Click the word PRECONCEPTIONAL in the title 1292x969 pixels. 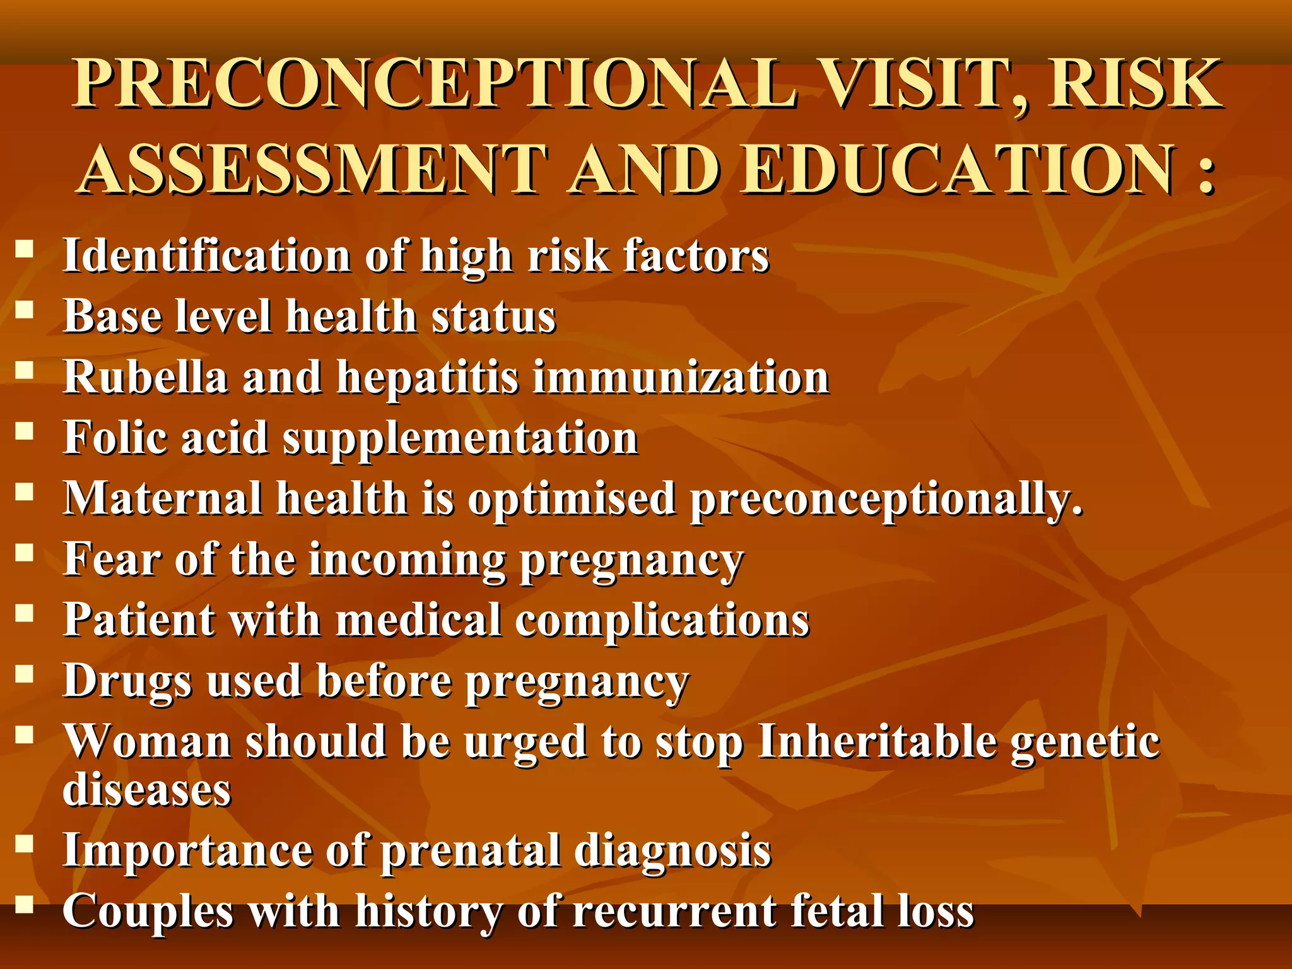pyautogui.click(x=435, y=84)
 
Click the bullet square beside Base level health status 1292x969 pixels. pyautogui.click(x=25, y=310)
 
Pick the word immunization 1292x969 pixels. pyautogui.click(x=681, y=377)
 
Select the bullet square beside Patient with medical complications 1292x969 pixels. pyautogui.click(x=25, y=613)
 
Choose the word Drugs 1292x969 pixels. pyautogui.click(x=127, y=682)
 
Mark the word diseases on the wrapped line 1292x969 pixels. pyautogui.click(x=147, y=789)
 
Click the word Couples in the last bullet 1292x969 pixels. pyautogui.click(x=147, y=911)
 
